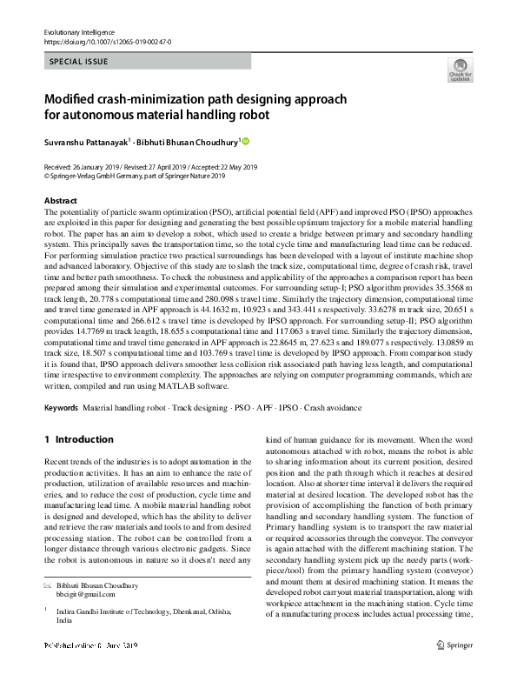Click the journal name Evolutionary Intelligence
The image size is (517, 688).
tap(79, 32)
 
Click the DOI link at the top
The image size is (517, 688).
tap(107, 42)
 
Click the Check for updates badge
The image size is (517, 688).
tap(459, 71)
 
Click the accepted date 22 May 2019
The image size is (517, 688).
tap(233, 167)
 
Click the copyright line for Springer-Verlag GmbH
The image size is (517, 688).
tap(135, 176)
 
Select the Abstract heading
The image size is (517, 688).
tap(61, 201)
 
